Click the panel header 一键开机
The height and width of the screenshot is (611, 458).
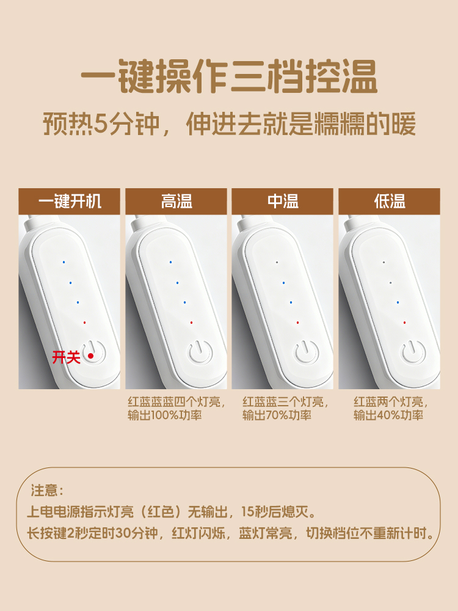(70, 202)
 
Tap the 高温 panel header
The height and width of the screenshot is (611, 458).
(176, 202)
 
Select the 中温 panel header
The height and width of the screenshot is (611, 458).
(282, 202)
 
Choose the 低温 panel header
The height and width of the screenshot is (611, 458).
(389, 202)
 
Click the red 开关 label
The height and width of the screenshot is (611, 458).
(66, 357)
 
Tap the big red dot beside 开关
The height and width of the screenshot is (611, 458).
(91, 356)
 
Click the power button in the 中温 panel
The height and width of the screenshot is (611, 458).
(307, 352)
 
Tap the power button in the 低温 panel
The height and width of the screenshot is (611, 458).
(413, 352)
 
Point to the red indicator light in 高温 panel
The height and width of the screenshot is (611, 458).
(191, 323)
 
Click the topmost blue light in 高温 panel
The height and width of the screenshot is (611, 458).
(170, 262)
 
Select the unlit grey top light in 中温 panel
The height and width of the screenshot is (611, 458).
(277, 262)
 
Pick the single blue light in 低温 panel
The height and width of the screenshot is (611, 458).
(398, 302)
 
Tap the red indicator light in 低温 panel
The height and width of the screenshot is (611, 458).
(405, 323)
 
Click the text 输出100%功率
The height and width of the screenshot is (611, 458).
(165, 415)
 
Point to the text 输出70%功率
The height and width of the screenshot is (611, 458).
(277, 415)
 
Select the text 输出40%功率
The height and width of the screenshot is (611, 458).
(388, 415)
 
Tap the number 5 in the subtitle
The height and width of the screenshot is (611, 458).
(101, 124)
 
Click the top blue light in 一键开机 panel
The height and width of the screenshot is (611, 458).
(64, 262)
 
